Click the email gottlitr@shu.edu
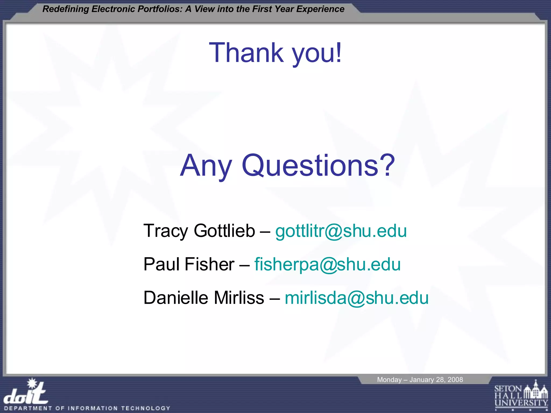pos(341,231)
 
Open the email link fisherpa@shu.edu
pos(327,264)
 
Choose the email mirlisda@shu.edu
pos(356,298)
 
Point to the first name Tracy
pos(166,231)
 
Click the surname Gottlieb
pos(224,231)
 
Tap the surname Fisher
pos(209,264)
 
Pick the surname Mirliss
pos(239,298)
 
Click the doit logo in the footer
pos(26,392)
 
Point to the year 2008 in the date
pos(455,380)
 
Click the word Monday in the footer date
pos(389,380)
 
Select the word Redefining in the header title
pos(66,9)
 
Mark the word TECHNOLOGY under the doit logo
pos(146,408)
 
